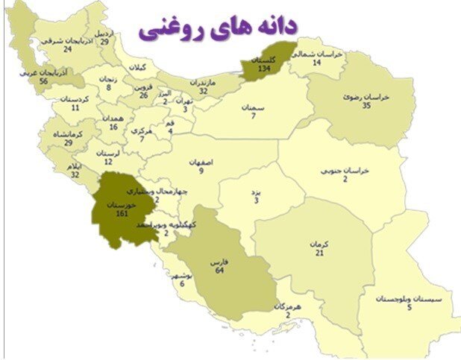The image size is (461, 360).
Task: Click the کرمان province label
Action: (319, 244)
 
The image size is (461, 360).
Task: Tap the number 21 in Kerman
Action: (319, 253)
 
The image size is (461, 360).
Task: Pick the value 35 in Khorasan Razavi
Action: (366, 106)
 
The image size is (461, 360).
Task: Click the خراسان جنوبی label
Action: (345, 170)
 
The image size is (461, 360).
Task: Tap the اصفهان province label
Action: (201, 161)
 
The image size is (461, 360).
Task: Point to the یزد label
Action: (256, 192)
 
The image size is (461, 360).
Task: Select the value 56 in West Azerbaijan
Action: (44, 81)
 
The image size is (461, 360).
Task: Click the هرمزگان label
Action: (287, 306)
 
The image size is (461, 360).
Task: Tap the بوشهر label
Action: (182, 274)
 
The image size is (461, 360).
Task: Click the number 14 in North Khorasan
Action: (316, 63)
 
